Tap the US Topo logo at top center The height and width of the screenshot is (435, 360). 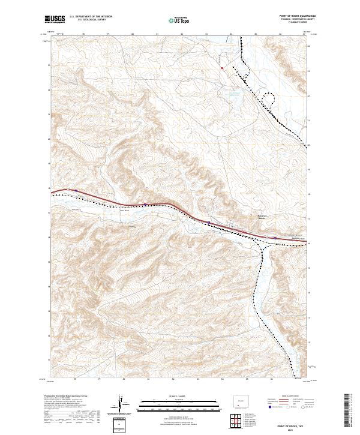click(x=173, y=19)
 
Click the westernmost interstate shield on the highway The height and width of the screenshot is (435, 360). click(x=76, y=191)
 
